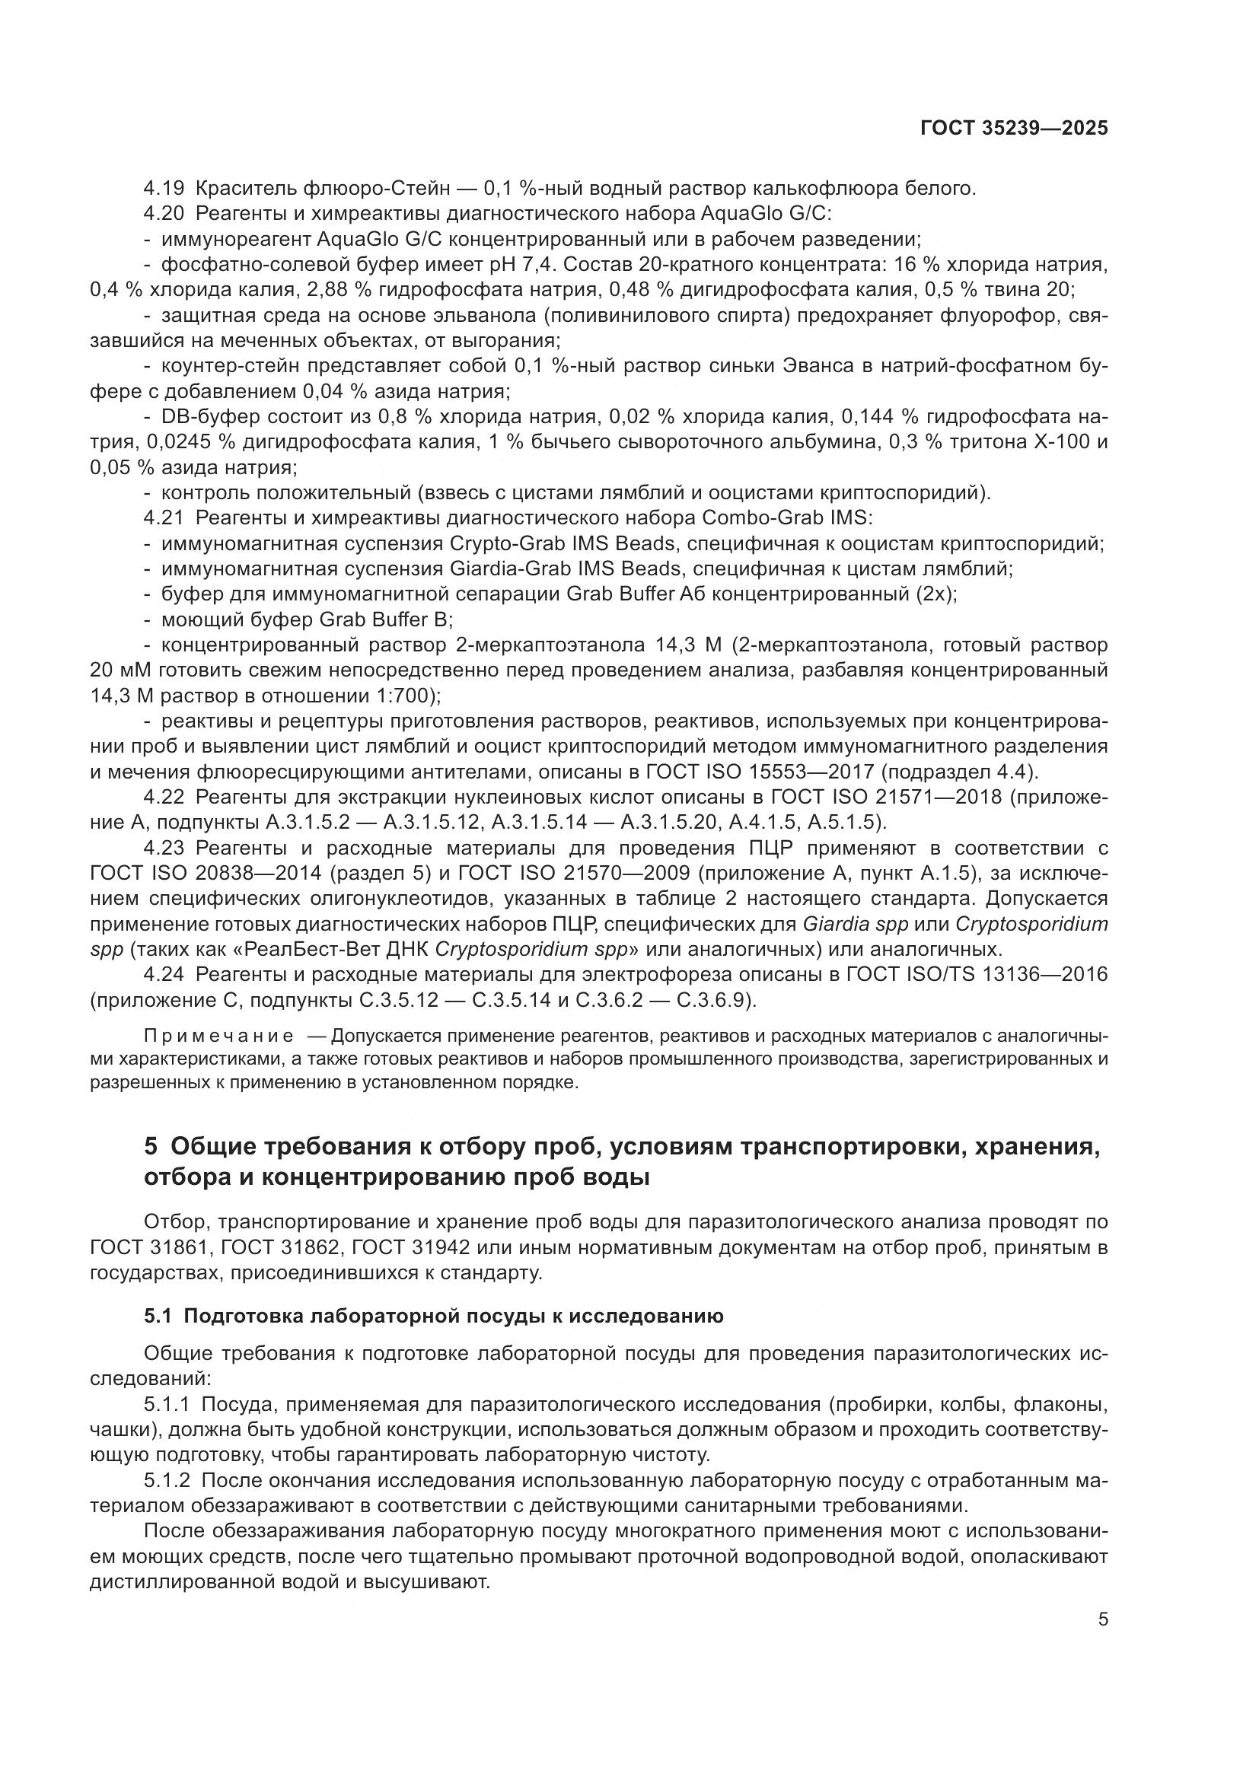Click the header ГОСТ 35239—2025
pyautogui.click(x=1013, y=129)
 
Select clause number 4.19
pyautogui.click(x=165, y=189)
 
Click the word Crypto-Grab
pyautogui.click(x=486, y=543)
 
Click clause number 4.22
pyautogui.click(x=165, y=798)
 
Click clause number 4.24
pyautogui.click(x=165, y=976)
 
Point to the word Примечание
pyautogui.click(x=218, y=1037)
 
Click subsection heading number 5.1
pyautogui.click(x=159, y=1316)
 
